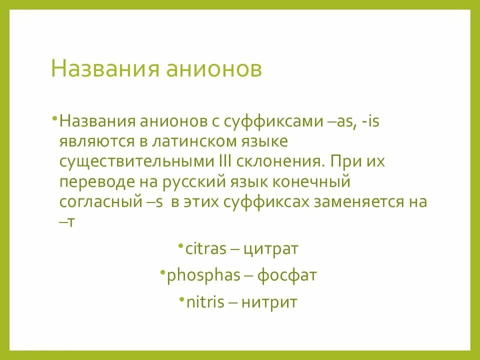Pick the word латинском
(x=181, y=141)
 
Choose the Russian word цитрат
(x=270, y=249)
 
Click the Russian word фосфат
(x=287, y=275)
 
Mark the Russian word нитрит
(x=269, y=302)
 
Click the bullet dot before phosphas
(x=163, y=270)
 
